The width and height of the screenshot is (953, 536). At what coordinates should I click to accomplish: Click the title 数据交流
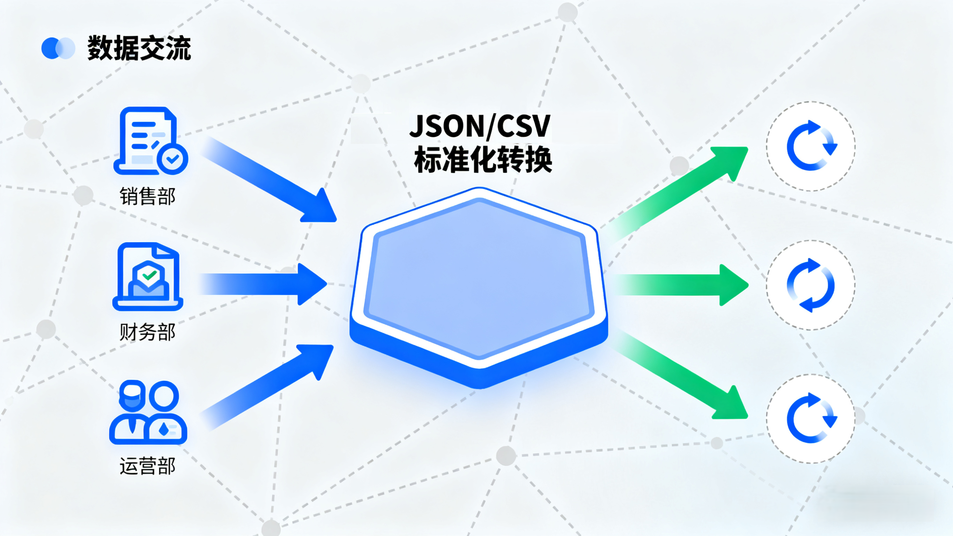pyautogui.click(x=139, y=48)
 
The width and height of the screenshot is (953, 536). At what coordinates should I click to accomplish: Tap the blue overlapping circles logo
pyautogui.click(x=58, y=48)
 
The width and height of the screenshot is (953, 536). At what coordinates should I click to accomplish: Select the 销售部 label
pyautogui.click(x=147, y=196)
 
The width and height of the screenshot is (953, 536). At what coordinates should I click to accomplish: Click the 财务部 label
pyautogui.click(x=147, y=332)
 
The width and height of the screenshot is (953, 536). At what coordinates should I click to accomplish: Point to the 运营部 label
pyautogui.click(x=147, y=466)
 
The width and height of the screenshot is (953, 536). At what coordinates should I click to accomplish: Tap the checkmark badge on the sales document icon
pyautogui.click(x=172, y=159)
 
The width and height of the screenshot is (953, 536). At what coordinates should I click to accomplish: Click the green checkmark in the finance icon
pyautogui.click(x=149, y=275)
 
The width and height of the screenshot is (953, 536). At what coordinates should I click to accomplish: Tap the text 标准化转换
pyautogui.click(x=483, y=160)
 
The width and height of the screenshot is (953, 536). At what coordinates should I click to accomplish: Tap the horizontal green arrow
pyautogui.click(x=681, y=285)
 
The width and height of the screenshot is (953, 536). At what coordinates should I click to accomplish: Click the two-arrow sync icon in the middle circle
pyautogui.click(x=811, y=285)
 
